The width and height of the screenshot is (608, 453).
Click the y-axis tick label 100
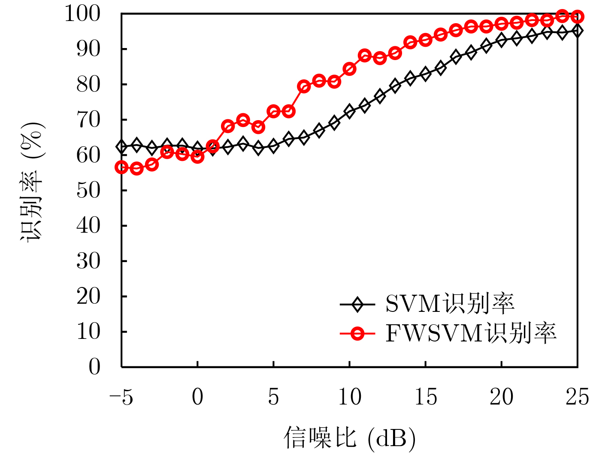[82, 14]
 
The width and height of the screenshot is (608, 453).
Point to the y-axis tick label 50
[88, 190]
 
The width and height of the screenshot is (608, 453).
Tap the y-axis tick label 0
[94, 367]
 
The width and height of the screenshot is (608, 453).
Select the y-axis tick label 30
[88, 261]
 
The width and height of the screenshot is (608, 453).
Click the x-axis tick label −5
[121, 397]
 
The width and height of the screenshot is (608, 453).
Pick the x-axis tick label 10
[350, 397]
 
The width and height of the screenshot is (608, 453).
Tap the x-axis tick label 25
[577, 397]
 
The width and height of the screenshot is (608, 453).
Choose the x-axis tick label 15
[426, 397]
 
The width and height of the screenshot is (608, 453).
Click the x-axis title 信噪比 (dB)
[349, 438]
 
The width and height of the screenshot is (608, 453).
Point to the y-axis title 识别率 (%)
[33, 182]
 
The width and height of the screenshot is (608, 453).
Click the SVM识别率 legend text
[450, 304]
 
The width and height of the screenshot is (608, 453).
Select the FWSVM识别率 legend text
[471, 333]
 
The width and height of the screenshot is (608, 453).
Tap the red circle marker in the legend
[357, 333]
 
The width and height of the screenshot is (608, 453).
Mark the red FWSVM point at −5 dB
[121, 167]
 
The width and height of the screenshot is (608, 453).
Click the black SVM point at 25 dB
[578, 31]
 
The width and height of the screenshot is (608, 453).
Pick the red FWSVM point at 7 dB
[304, 87]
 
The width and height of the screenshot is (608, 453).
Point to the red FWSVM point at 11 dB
[365, 55]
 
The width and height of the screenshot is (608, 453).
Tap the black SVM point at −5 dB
[121, 147]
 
